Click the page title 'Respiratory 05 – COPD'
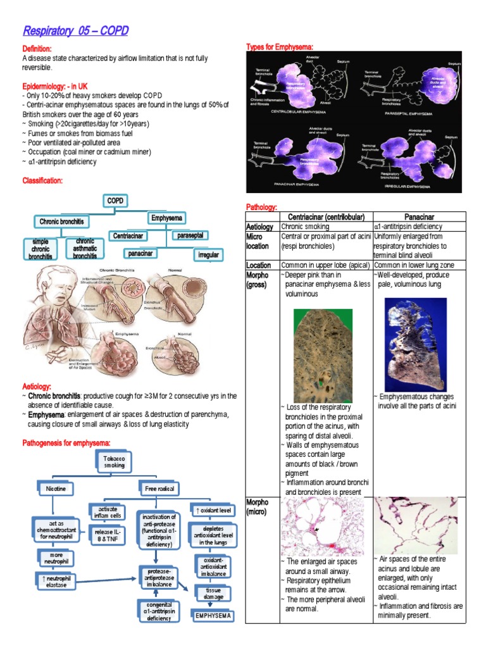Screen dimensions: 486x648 (x=75, y=31)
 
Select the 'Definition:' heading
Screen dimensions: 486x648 (x=37, y=49)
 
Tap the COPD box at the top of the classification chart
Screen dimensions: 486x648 (x=115, y=201)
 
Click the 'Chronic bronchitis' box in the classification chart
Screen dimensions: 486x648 (x=61, y=221)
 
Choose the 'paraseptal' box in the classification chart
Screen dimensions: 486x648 (x=190, y=235)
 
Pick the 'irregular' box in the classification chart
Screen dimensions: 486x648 (x=208, y=255)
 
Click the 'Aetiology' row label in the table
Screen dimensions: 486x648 (x=259, y=227)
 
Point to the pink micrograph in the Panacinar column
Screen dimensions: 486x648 (x=414, y=525)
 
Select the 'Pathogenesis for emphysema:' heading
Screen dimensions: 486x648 (x=66, y=442)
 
